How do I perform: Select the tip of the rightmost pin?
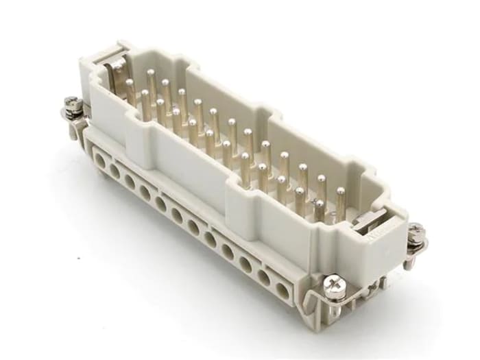[320, 205]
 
